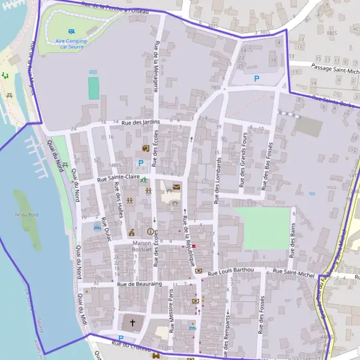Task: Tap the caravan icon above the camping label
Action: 71,31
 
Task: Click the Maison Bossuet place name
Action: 142,247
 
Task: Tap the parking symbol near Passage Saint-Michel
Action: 257,78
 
